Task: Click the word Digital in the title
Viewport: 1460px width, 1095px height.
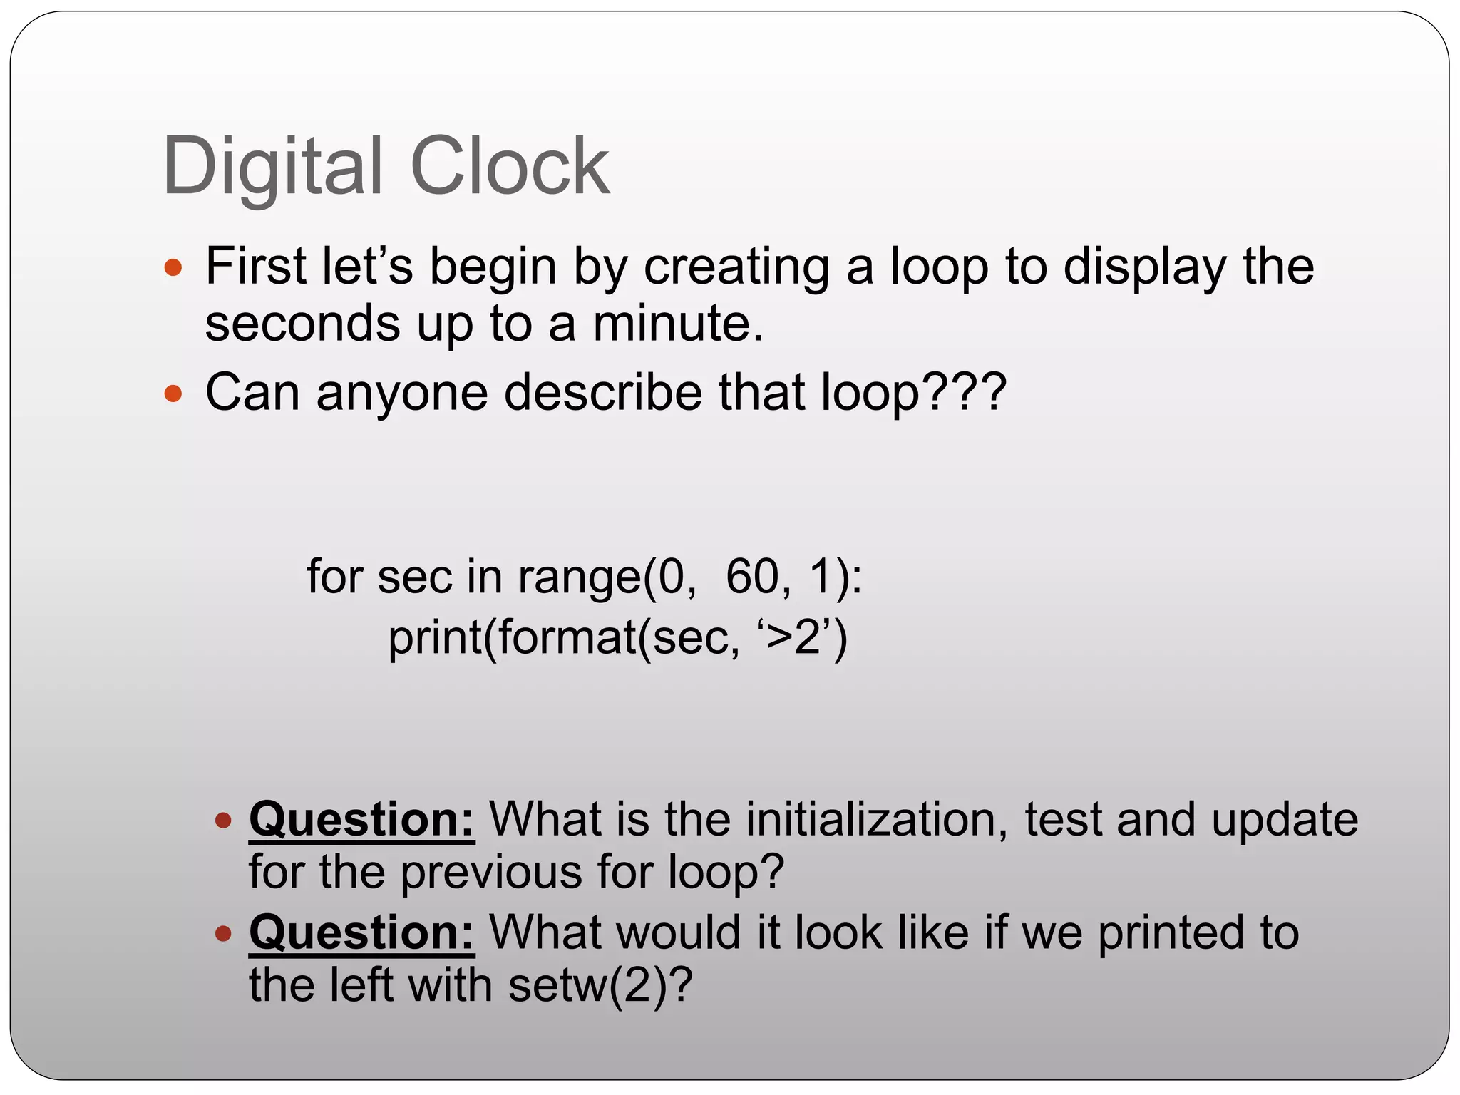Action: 273,167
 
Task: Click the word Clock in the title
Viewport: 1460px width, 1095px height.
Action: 510,167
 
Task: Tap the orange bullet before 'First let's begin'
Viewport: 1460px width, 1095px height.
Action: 173,269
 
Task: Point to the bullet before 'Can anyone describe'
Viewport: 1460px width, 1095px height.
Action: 173,394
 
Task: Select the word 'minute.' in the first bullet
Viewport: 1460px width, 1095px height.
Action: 678,324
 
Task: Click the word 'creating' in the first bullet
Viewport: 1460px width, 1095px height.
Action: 736,268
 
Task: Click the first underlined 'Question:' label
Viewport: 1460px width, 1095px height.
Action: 361,820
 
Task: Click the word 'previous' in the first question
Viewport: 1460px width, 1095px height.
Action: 491,872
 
